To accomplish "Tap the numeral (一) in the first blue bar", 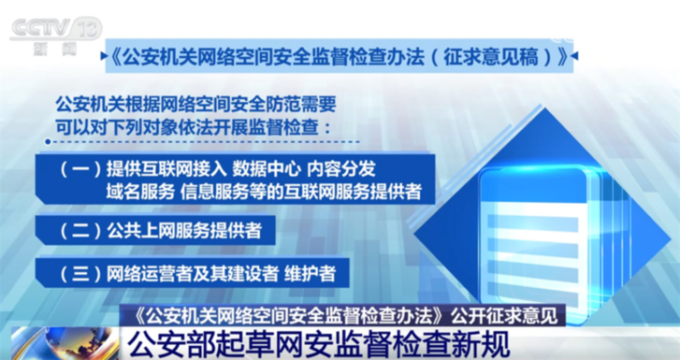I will (78, 169).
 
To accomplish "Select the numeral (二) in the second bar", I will (78, 227).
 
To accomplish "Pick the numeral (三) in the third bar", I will (78, 274).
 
